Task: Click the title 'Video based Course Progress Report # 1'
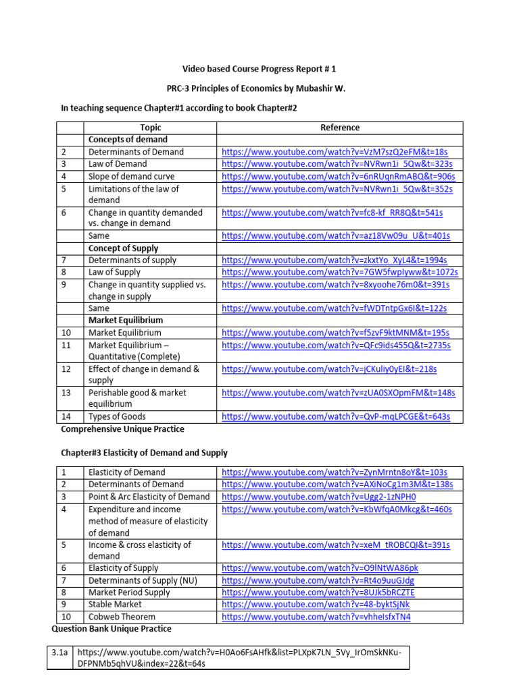pyautogui.click(x=259, y=69)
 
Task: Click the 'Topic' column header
pyautogui.click(x=150, y=128)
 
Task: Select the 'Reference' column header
pyautogui.click(x=339, y=128)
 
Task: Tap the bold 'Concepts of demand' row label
pyautogui.click(x=128, y=140)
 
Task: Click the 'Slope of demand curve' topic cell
pyautogui.click(x=131, y=176)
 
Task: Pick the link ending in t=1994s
pyautogui.click(x=334, y=260)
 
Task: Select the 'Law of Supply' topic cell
pyautogui.click(x=114, y=273)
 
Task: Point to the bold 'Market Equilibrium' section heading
pyautogui.click(x=125, y=321)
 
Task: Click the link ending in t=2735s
pyautogui.click(x=336, y=345)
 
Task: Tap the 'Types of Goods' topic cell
pyautogui.click(x=117, y=417)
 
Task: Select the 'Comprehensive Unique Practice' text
pyautogui.click(x=122, y=429)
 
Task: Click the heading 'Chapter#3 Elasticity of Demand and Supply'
pyautogui.click(x=144, y=453)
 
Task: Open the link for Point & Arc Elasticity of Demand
pyautogui.click(x=319, y=497)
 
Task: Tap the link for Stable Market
pyautogui.click(x=316, y=605)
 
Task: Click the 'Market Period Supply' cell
pyautogui.click(x=129, y=592)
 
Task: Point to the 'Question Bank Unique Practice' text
pyautogui.click(x=112, y=629)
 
